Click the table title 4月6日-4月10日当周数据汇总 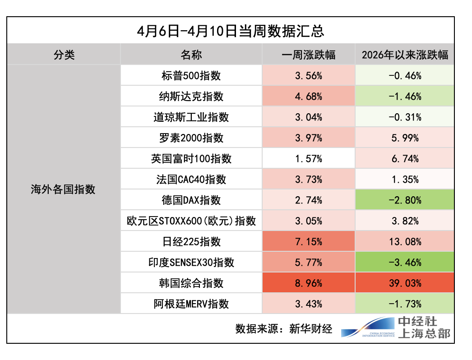coord(231,32)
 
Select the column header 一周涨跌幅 coord(308,55)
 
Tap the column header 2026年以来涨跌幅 coord(405,55)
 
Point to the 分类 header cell coord(64,55)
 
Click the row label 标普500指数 coord(191,76)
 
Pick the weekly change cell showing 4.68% coord(308,97)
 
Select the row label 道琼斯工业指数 coord(191,117)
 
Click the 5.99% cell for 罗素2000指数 coord(405,138)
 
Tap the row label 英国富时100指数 coord(191,159)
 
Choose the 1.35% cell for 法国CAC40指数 coord(405,180)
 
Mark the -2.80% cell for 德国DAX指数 coord(405,200)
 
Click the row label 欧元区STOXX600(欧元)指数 coord(191,221)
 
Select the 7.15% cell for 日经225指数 coord(308,242)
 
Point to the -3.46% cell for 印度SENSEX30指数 coord(405,263)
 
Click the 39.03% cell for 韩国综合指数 coord(405,283)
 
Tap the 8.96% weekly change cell coord(308,283)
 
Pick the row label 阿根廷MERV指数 coord(191,304)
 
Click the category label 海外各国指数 coord(64,189)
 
